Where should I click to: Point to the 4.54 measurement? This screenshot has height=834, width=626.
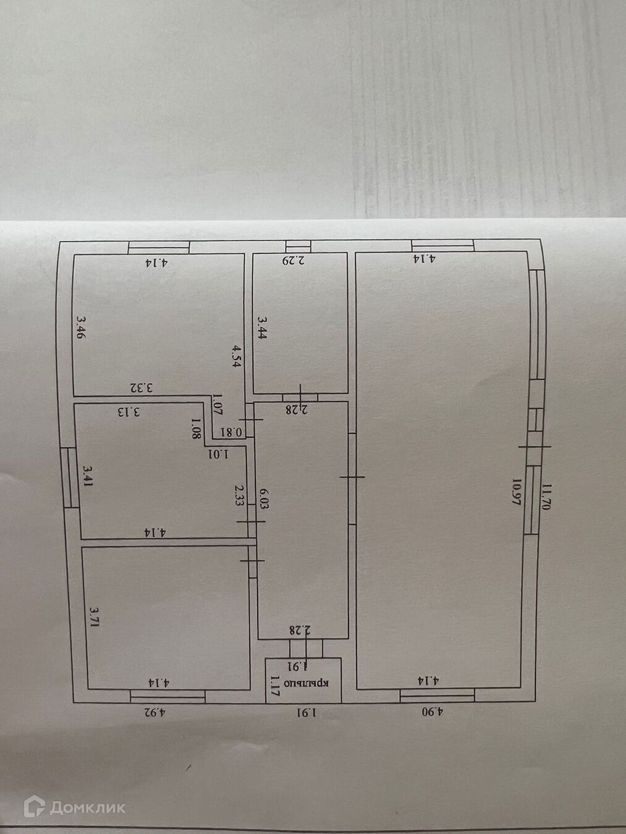click(237, 356)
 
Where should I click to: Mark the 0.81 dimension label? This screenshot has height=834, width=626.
click(233, 432)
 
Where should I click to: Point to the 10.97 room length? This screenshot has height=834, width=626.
click(515, 492)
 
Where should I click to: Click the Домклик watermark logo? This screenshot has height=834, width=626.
click(74, 807)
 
